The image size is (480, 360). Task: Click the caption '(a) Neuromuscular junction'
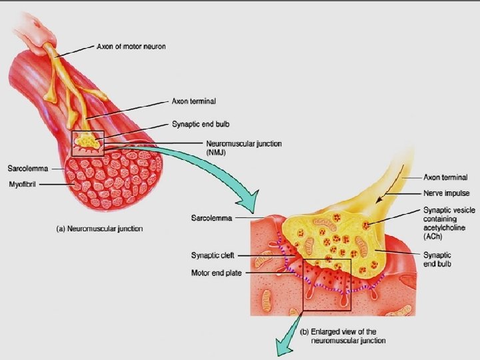(99, 229)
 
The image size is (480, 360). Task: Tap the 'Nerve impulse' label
(447, 194)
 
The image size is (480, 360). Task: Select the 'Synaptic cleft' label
(211, 255)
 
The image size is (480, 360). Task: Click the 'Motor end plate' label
(216, 272)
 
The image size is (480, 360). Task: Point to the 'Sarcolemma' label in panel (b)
(211, 218)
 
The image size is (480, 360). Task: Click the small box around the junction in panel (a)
(88, 143)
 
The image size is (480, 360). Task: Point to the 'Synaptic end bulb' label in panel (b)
(437, 259)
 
